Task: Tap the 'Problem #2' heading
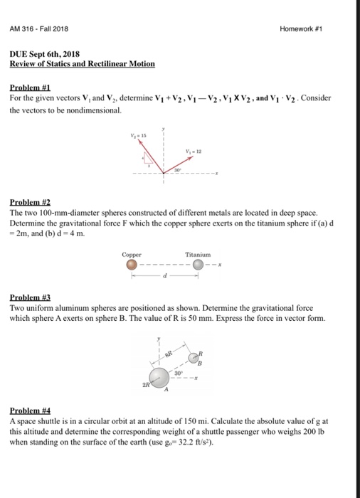[27, 202]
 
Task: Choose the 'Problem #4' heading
[27, 410]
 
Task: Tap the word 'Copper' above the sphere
[132, 253]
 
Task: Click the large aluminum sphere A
[159, 377]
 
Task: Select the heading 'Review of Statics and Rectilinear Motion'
[82, 63]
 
